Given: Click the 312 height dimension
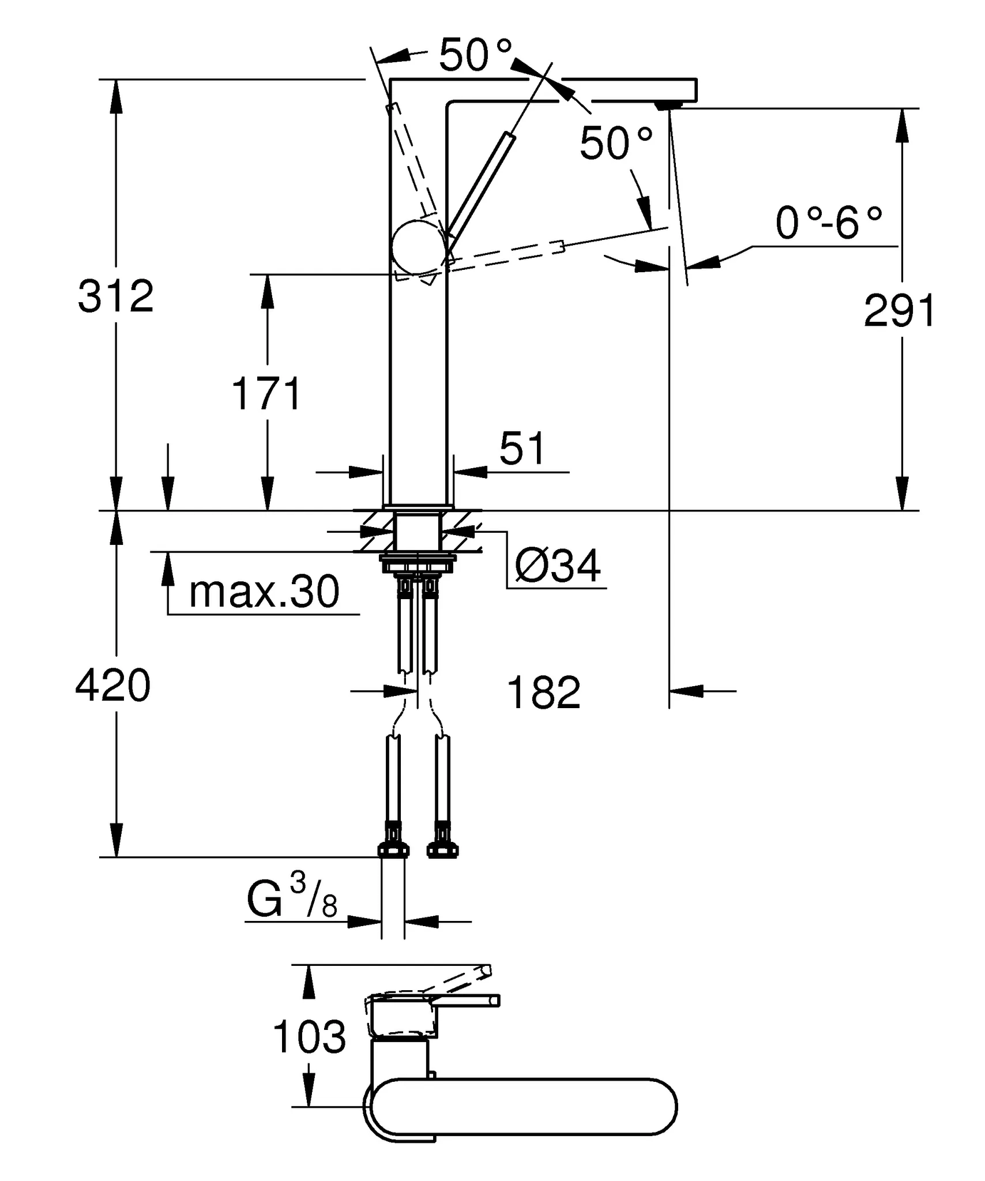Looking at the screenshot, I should (x=116, y=297).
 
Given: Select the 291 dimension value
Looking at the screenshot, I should (x=899, y=311).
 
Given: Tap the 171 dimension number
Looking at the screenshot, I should (x=266, y=394).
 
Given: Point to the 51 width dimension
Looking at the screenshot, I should (x=521, y=448).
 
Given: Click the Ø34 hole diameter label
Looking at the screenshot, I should (x=558, y=566).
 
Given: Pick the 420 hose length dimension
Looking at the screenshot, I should (x=113, y=686).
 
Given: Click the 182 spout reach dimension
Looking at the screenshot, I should (x=543, y=693).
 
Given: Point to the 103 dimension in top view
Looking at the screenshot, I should (x=309, y=1036).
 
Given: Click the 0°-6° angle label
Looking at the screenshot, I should (x=828, y=224).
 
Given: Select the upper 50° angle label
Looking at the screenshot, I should (x=475, y=55).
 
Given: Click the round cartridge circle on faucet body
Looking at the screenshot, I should (x=419, y=247).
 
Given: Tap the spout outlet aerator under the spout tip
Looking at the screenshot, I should (x=670, y=104).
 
